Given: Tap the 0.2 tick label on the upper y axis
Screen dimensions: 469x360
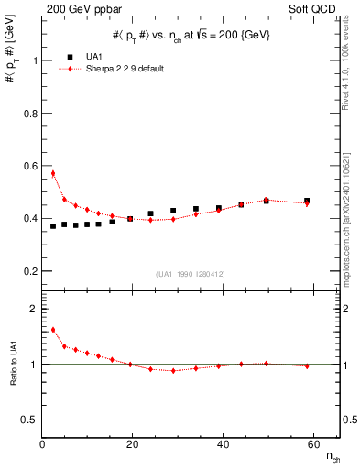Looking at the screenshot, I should (x=32, y=271).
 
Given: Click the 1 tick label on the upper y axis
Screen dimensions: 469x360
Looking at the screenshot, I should (x=36, y=60).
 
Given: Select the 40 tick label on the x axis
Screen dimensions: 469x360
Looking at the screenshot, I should (x=220, y=444).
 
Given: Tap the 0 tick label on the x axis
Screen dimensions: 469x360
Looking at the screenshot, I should (x=42, y=444).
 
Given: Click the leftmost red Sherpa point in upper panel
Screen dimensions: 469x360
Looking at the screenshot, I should (x=53, y=173).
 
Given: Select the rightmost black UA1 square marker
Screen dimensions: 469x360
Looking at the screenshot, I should (x=307, y=201).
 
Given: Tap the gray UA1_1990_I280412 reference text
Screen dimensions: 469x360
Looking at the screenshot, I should (x=190, y=274).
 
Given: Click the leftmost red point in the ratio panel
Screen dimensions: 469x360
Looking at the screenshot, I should (x=53, y=330).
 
